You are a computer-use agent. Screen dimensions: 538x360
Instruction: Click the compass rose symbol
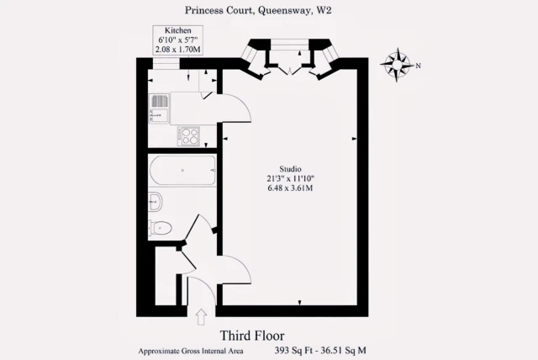[x=397, y=65]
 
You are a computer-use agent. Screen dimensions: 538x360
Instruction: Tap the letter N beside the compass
[x=418, y=66]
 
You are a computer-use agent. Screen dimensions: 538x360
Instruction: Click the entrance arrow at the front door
[x=201, y=317]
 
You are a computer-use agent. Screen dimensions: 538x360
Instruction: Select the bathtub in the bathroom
[x=183, y=171]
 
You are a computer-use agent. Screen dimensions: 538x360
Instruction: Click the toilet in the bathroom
[x=161, y=227]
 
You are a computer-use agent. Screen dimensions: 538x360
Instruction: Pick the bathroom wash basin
[x=155, y=202]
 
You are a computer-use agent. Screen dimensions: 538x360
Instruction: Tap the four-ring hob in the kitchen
[x=188, y=136]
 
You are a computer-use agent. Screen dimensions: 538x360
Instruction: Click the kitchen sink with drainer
[x=160, y=109]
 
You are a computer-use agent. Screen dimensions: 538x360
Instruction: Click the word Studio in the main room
[x=290, y=169]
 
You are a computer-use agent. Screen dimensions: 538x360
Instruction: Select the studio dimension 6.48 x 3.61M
[x=290, y=188]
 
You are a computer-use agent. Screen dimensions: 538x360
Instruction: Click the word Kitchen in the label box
[x=177, y=30]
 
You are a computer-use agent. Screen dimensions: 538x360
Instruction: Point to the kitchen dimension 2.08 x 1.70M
[x=177, y=50]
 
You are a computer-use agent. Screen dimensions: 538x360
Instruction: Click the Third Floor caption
[x=252, y=336]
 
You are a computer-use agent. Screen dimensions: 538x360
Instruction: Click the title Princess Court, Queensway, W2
[x=258, y=10]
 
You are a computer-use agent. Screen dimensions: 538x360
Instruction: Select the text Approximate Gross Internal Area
[x=191, y=351]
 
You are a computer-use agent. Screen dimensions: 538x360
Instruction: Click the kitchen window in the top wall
[x=166, y=64]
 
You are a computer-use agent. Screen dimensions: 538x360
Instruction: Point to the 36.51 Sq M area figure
[x=344, y=351]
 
